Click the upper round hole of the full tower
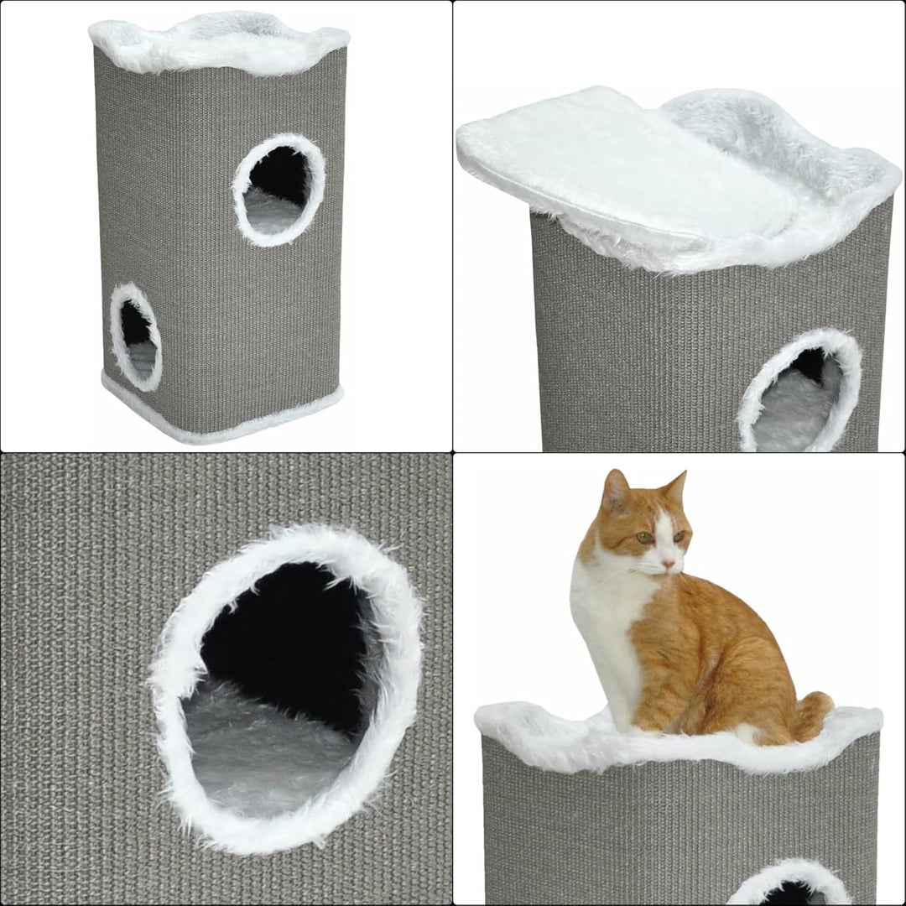(279, 189)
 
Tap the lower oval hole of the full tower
(136, 336)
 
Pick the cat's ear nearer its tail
(675, 488)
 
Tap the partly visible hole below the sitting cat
(789, 889)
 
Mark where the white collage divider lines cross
(453, 453)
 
